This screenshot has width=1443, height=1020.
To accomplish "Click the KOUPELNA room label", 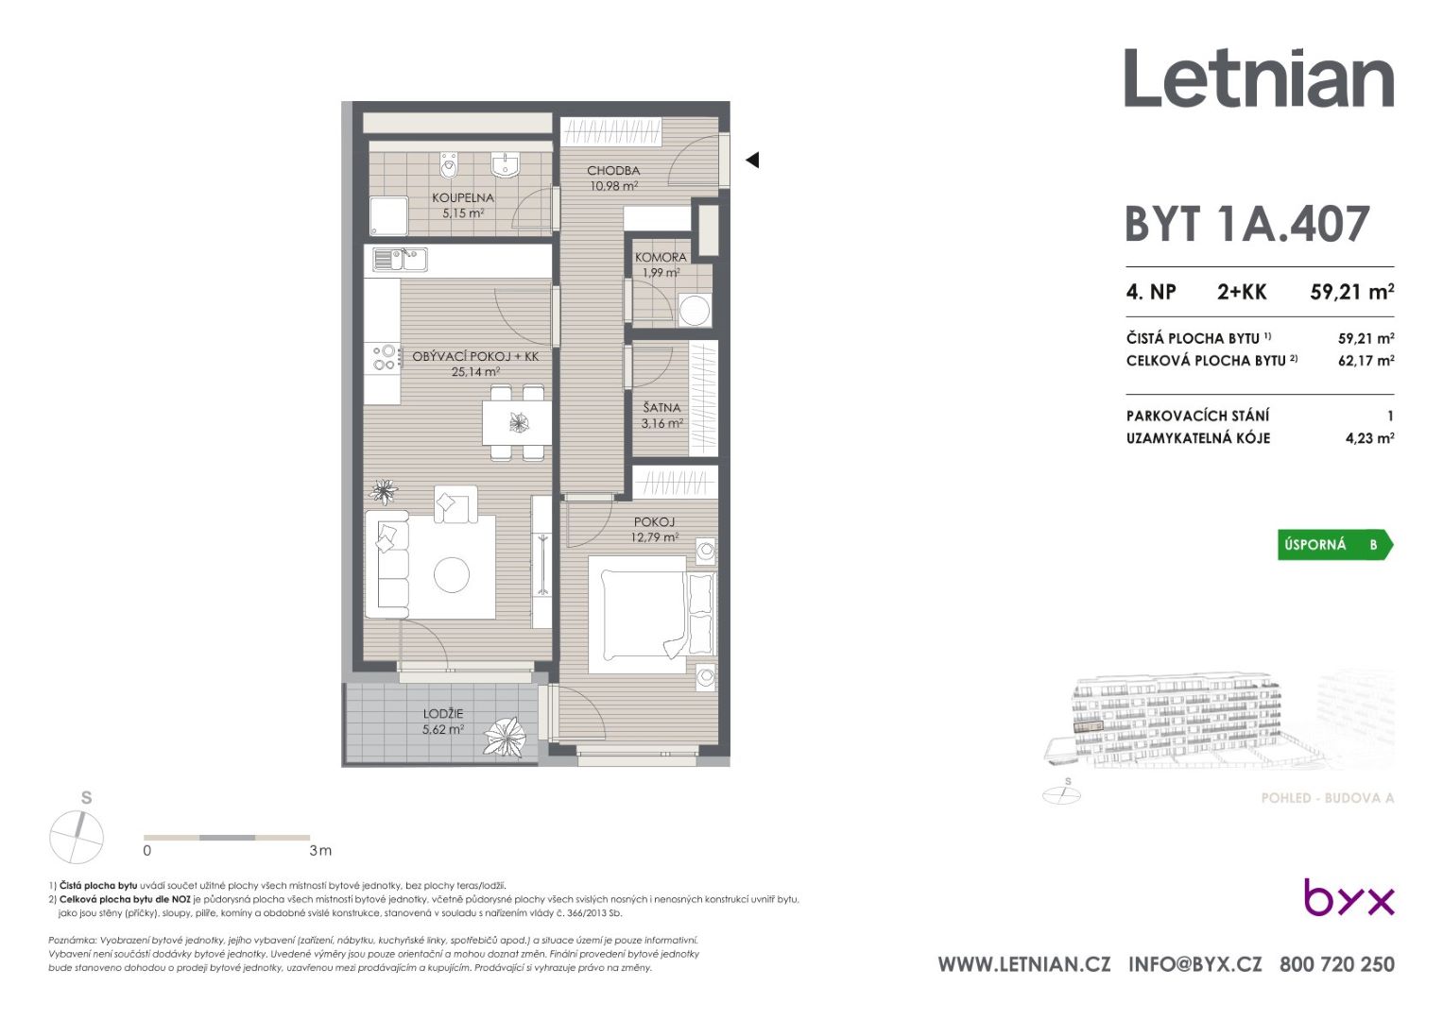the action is click(462, 197).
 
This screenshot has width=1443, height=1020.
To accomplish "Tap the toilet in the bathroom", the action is click(448, 165).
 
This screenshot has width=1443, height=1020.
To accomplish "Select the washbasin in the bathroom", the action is click(505, 164).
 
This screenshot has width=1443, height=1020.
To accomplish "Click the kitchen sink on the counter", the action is click(400, 260).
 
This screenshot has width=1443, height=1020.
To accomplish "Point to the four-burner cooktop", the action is click(384, 357).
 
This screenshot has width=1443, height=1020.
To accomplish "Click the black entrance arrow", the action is click(752, 160).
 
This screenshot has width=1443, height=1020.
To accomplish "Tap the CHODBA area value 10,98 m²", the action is click(614, 186).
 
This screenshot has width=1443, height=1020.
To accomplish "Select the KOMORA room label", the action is click(661, 257).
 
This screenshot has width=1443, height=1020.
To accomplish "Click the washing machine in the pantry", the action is click(695, 310).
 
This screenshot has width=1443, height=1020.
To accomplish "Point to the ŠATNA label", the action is click(661, 408).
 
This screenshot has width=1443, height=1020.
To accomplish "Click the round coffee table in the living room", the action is click(452, 574).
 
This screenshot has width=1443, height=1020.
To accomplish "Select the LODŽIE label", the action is click(443, 713).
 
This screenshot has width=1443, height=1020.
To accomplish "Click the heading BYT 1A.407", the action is click(1247, 224).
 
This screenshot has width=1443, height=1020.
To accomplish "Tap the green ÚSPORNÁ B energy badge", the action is click(1334, 545).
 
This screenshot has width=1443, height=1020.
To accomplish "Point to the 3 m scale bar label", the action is click(320, 851).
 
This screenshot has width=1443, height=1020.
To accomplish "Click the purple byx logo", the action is click(1349, 897).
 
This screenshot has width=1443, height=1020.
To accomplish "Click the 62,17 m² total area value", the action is click(1366, 361).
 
